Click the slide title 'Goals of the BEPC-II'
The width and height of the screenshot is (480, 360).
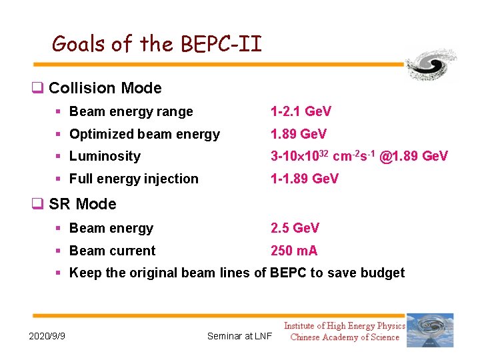[157, 44]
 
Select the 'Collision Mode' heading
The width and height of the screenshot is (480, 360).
[105, 88]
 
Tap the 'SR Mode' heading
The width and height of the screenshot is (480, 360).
[82, 204]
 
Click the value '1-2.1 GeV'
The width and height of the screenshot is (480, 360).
[301, 111]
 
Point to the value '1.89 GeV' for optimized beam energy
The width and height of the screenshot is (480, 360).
[298, 134]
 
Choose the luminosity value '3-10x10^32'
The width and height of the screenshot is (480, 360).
[298, 156]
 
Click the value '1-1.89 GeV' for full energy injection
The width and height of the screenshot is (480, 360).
[304, 179]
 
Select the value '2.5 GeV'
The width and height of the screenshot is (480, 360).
[295, 228]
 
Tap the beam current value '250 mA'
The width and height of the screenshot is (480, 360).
[293, 251]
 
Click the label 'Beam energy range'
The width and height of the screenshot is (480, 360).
[131, 112]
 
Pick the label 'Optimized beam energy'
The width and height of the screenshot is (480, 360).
[144, 135]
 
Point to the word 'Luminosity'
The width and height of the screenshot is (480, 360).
[105, 157]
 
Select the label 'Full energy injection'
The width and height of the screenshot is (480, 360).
[133, 179]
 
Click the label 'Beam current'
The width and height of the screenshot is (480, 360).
[112, 251]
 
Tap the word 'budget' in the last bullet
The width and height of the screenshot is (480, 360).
[382, 273]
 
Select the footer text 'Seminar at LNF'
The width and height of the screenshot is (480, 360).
[239, 336]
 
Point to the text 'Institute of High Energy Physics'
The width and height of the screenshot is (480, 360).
[344, 325]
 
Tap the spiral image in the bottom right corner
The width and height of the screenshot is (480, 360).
[430, 329]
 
